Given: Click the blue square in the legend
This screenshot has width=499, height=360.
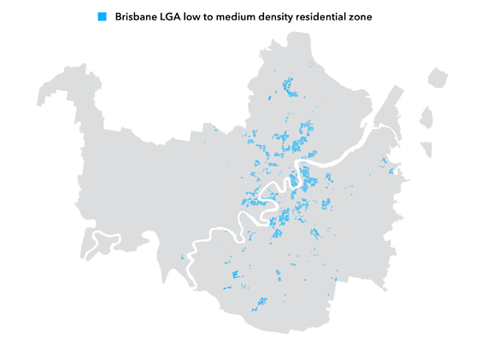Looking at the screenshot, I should [x=103, y=16].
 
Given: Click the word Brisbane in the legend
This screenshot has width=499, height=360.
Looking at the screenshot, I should [x=140, y=16].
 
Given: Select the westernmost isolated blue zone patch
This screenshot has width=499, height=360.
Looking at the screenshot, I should [x=183, y=257].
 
